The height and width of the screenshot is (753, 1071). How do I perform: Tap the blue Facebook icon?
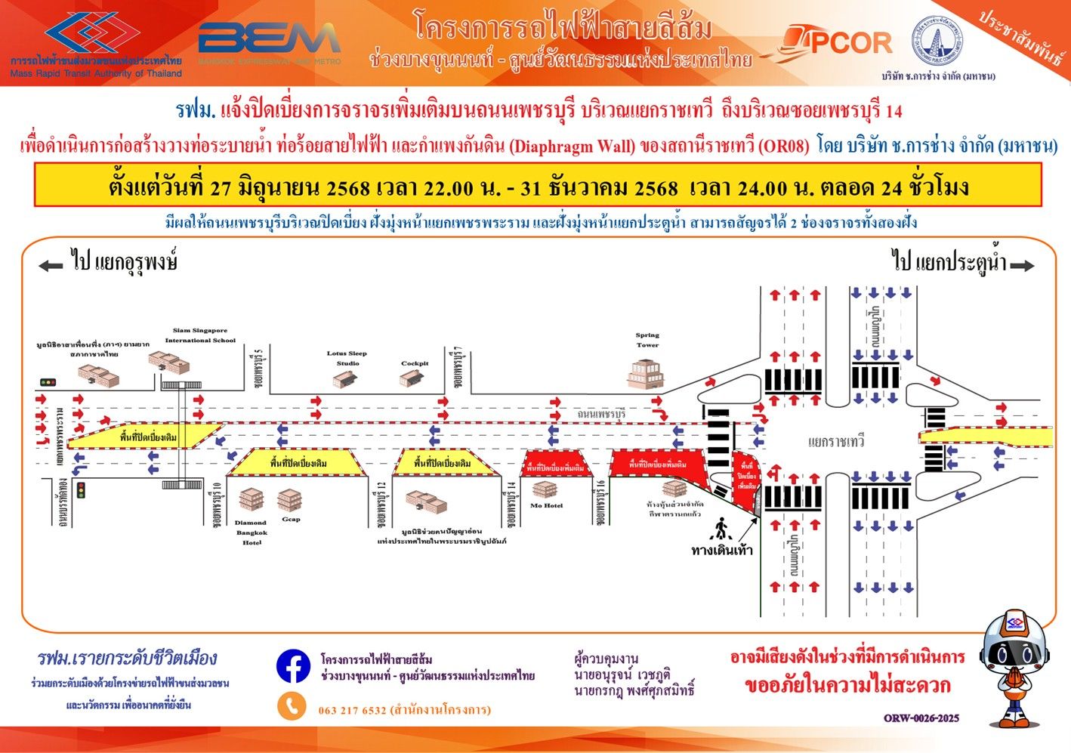pyautogui.click(x=293, y=667)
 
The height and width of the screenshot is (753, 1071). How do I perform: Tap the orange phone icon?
pyautogui.click(x=292, y=707)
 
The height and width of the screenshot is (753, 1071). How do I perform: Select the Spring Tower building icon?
pyautogui.click(x=646, y=375)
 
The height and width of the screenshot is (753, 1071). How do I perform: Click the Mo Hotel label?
pyautogui.click(x=546, y=506)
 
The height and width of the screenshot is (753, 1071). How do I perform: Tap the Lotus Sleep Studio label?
pyautogui.click(x=347, y=358)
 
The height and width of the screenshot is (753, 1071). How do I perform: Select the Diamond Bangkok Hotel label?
pyautogui.click(x=250, y=532)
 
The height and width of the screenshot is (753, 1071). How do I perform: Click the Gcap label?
pyautogui.click(x=291, y=519)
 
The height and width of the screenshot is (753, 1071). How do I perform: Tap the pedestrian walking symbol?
pyautogui.click(x=721, y=526)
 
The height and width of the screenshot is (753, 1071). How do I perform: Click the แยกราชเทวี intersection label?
pyautogui.click(x=836, y=442)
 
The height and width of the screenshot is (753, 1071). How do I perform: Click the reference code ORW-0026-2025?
pyautogui.click(x=921, y=718)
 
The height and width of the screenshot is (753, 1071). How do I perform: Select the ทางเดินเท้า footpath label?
pyautogui.click(x=721, y=550)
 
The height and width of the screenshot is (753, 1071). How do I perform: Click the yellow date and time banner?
pyautogui.click(x=538, y=186)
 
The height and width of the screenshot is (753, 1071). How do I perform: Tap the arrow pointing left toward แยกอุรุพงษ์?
pyautogui.click(x=51, y=265)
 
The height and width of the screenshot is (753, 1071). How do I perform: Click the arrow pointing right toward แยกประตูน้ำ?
pyautogui.click(x=1022, y=265)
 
